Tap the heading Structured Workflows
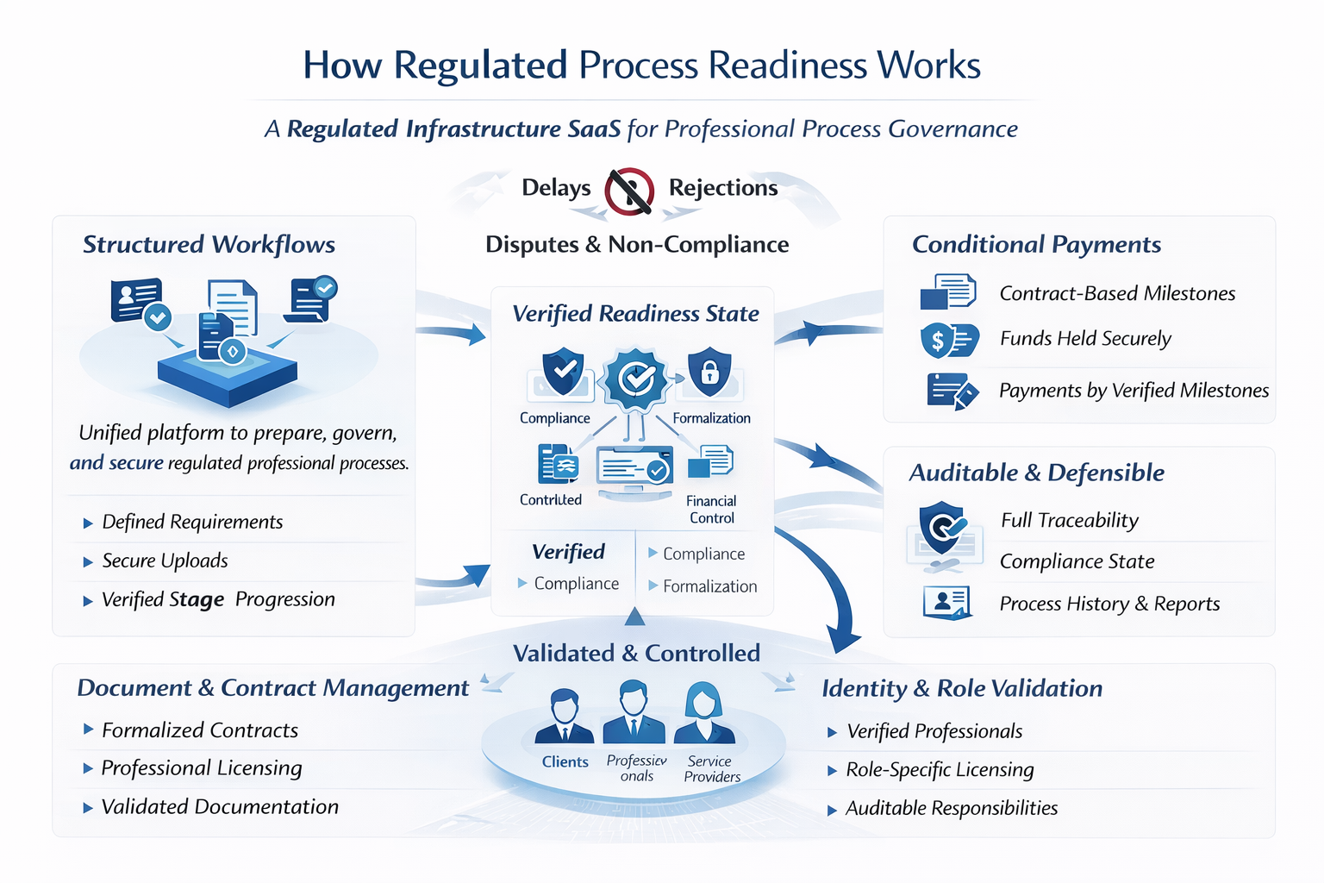click(x=209, y=245)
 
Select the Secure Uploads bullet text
click(x=165, y=561)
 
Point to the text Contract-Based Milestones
click(x=1117, y=294)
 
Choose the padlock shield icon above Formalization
click(x=709, y=372)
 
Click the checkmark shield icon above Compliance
click(x=563, y=372)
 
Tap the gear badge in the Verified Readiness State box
click(x=635, y=378)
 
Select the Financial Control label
click(x=711, y=510)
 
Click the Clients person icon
click(x=565, y=717)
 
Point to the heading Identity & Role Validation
click(x=962, y=689)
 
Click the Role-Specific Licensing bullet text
click(x=940, y=770)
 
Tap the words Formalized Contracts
click(x=200, y=730)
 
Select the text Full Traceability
click(x=1070, y=521)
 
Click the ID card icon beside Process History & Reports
click(x=947, y=602)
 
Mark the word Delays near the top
click(x=556, y=188)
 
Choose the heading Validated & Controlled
click(x=636, y=654)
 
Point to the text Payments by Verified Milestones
click(x=1134, y=391)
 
